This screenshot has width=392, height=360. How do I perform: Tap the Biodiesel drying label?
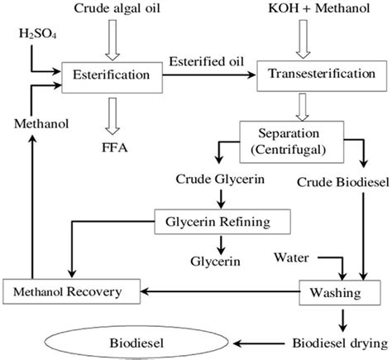point(339,341)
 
